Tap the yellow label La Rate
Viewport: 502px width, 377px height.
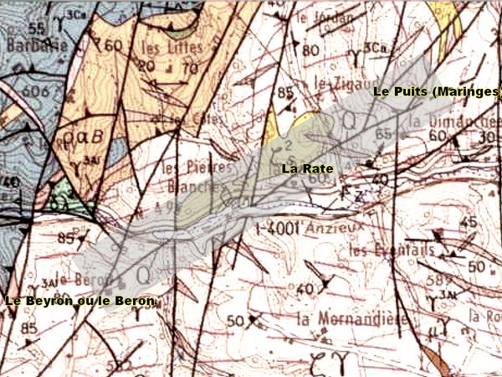click(x=307, y=168)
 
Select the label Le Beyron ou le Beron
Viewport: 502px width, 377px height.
click(x=80, y=301)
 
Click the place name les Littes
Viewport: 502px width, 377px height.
click(x=168, y=47)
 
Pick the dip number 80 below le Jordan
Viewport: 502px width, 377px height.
click(x=310, y=50)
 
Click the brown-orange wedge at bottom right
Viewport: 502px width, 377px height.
click(x=434, y=360)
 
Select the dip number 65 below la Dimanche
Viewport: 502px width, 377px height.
click(x=385, y=133)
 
